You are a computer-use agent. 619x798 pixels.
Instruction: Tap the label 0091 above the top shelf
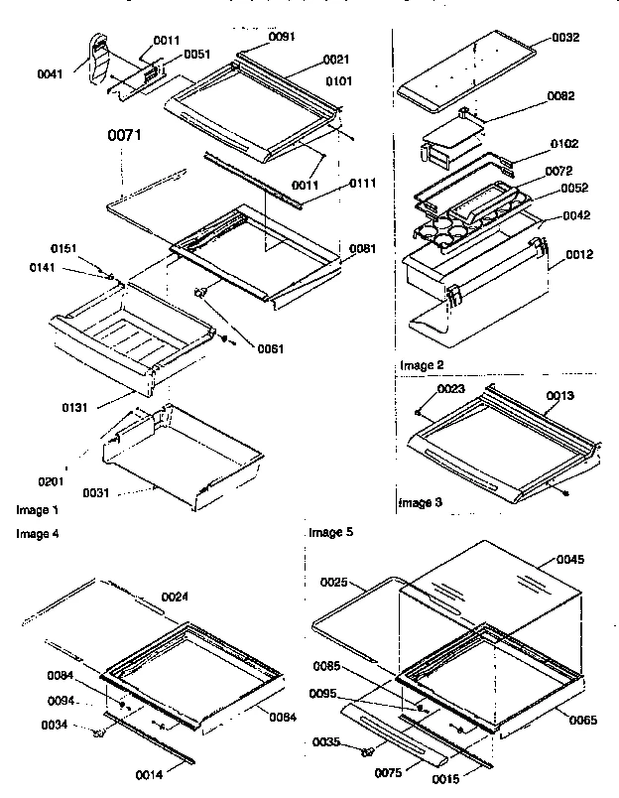tap(282, 37)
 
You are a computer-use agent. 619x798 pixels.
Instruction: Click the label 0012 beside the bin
tap(580, 255)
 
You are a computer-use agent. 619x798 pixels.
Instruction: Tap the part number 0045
tap(569, 558)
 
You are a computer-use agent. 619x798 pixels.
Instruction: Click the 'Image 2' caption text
tap(422, 365)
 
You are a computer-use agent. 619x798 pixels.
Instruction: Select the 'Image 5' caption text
tap(330, 532)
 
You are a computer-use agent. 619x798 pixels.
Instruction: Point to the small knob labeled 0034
tap(99, 733)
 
